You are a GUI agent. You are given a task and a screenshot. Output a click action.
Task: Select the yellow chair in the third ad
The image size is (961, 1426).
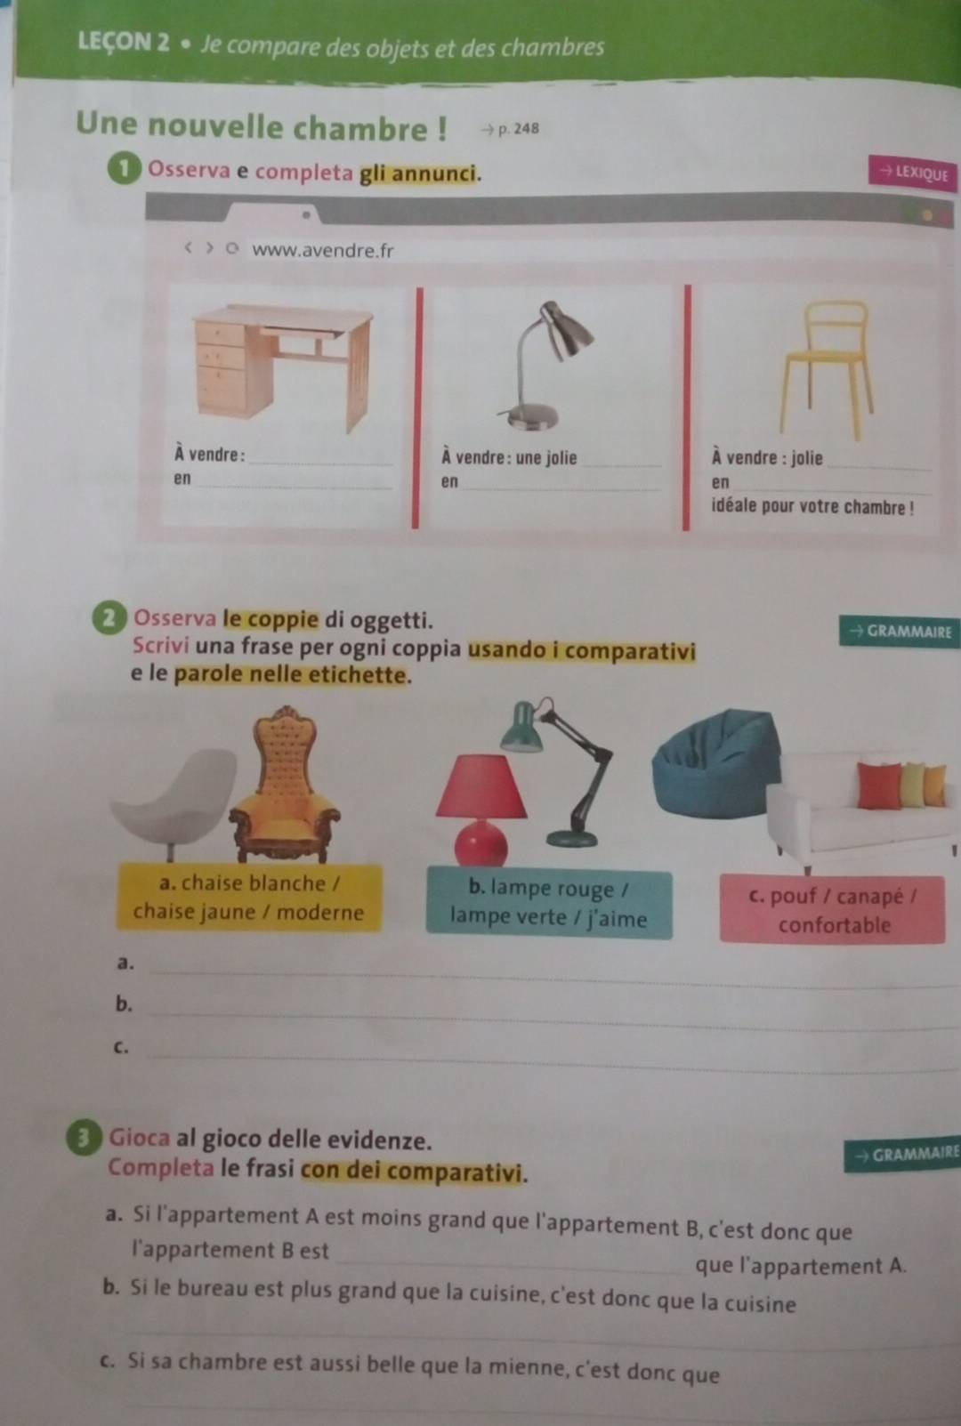point(826,369)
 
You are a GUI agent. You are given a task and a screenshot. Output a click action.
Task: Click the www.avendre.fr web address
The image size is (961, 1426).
point(323,250)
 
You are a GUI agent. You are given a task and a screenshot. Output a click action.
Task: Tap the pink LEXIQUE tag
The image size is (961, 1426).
point(913,173)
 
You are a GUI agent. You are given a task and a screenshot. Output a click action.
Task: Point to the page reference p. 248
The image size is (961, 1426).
point(511,129)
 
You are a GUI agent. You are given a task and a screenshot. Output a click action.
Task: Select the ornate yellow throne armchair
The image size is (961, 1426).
point(286,785)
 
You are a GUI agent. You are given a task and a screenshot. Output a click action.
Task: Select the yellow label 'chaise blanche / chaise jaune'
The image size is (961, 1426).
point(249,898)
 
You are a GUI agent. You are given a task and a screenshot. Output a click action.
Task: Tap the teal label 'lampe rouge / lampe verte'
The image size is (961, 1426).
point(548,904)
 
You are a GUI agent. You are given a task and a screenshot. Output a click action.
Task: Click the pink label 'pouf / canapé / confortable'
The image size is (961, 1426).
point(832,910)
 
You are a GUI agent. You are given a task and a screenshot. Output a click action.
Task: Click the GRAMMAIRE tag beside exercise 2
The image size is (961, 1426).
point(900,632)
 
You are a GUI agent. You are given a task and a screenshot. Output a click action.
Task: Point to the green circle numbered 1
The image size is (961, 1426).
point(125,170)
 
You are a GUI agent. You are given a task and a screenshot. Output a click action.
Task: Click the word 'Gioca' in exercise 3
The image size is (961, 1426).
point(140,1137)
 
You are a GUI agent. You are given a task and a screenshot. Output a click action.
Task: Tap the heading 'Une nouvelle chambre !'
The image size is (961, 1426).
point(261,125)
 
